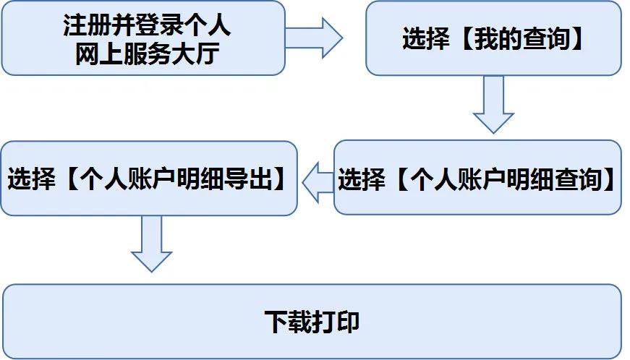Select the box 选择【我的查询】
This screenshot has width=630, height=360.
pos(493,38)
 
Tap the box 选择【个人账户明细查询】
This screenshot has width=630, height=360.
pos(477,177)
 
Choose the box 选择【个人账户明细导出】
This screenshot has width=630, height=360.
pos(148,178)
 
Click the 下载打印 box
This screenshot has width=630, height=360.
pos(312,322)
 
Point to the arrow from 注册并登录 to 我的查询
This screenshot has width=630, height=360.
pos(315,38)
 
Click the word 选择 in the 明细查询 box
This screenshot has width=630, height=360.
pos(361,179)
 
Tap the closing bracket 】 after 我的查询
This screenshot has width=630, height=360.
pos(574,40)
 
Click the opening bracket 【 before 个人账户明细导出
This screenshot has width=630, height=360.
pos(67,179)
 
